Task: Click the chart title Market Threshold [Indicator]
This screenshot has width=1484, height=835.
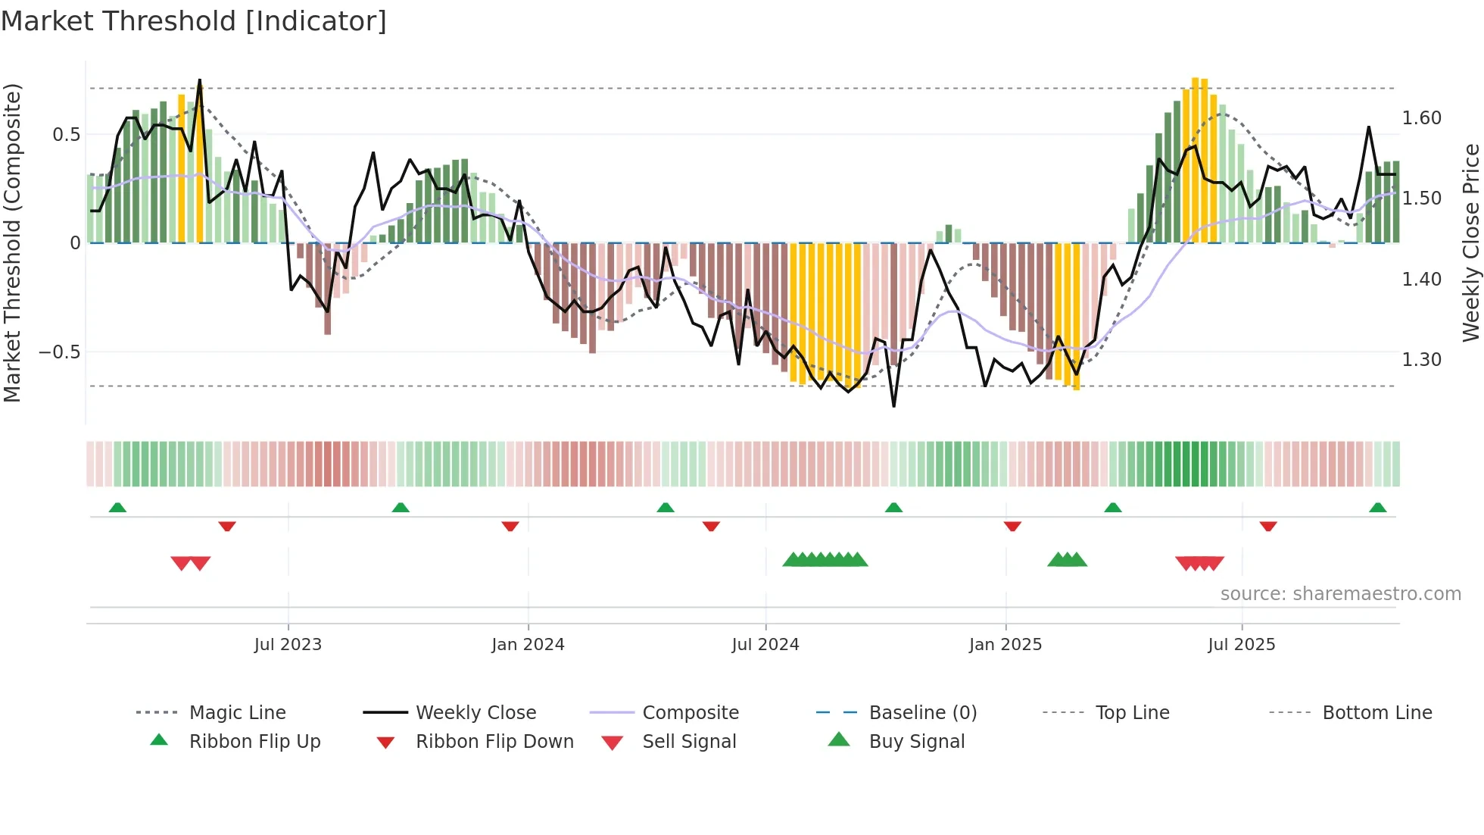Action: [x=194, y=21]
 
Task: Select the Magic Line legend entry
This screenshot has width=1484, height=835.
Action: [x=237, y=713]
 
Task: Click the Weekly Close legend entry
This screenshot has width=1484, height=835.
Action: [x=475, y=713]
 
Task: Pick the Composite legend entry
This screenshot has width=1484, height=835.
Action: [x=690, y=713]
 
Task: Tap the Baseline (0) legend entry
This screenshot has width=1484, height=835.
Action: [x=922, y=713]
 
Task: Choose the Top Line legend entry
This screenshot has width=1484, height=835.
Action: [x=1132, y=713]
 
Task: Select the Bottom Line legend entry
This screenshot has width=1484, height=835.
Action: [x=1376, y=713]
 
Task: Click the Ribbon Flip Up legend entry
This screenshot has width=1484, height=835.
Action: [x=254, y=742]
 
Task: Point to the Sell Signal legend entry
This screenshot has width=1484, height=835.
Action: [x=688, y=742]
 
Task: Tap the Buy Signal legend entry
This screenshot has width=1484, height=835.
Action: [x=916, y=742]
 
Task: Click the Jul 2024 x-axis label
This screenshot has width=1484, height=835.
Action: [x=765, y=645]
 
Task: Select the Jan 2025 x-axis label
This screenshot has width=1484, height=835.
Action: [x=1005, y=645]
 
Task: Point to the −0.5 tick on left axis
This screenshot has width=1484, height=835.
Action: [x=59, y=352]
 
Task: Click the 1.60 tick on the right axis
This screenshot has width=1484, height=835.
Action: [x=1421, y=118]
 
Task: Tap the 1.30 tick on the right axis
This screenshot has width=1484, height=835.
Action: [x=1421, y=360]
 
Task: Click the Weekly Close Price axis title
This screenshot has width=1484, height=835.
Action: [x=1470, y=242]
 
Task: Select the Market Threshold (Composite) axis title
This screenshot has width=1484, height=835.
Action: [x=12, y=242]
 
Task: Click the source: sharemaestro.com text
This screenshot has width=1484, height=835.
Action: [x=1340, y=594]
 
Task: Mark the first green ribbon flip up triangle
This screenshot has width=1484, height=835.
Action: [x=117, y=508]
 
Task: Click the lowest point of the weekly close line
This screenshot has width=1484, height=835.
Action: [x=893, y=406]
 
